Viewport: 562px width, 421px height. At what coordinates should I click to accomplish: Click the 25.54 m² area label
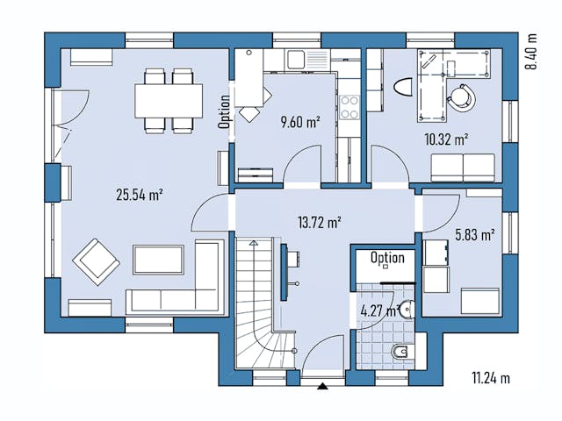(140, 195)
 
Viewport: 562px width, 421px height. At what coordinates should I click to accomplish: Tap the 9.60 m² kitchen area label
(299, 123)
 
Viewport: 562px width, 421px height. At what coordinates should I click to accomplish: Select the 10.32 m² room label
(446, 139)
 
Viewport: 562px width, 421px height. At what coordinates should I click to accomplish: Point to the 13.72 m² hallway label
(317, 224)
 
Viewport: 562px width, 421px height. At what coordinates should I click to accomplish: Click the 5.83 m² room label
(475, 234)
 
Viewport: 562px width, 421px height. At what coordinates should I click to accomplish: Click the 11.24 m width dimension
(490, 379)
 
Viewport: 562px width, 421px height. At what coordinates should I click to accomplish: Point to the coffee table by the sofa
(158, 259)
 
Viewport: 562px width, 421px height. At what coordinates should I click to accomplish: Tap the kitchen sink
(297, 60)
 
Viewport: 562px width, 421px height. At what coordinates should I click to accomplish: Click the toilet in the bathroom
(400, 353)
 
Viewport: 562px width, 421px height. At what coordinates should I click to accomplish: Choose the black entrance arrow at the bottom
(323, 385)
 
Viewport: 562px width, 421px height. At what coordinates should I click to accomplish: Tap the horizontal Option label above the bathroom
(387, 258)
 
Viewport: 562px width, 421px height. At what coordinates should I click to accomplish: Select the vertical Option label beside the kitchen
(225, 111)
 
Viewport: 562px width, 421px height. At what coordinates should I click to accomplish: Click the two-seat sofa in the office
(463, 165)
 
